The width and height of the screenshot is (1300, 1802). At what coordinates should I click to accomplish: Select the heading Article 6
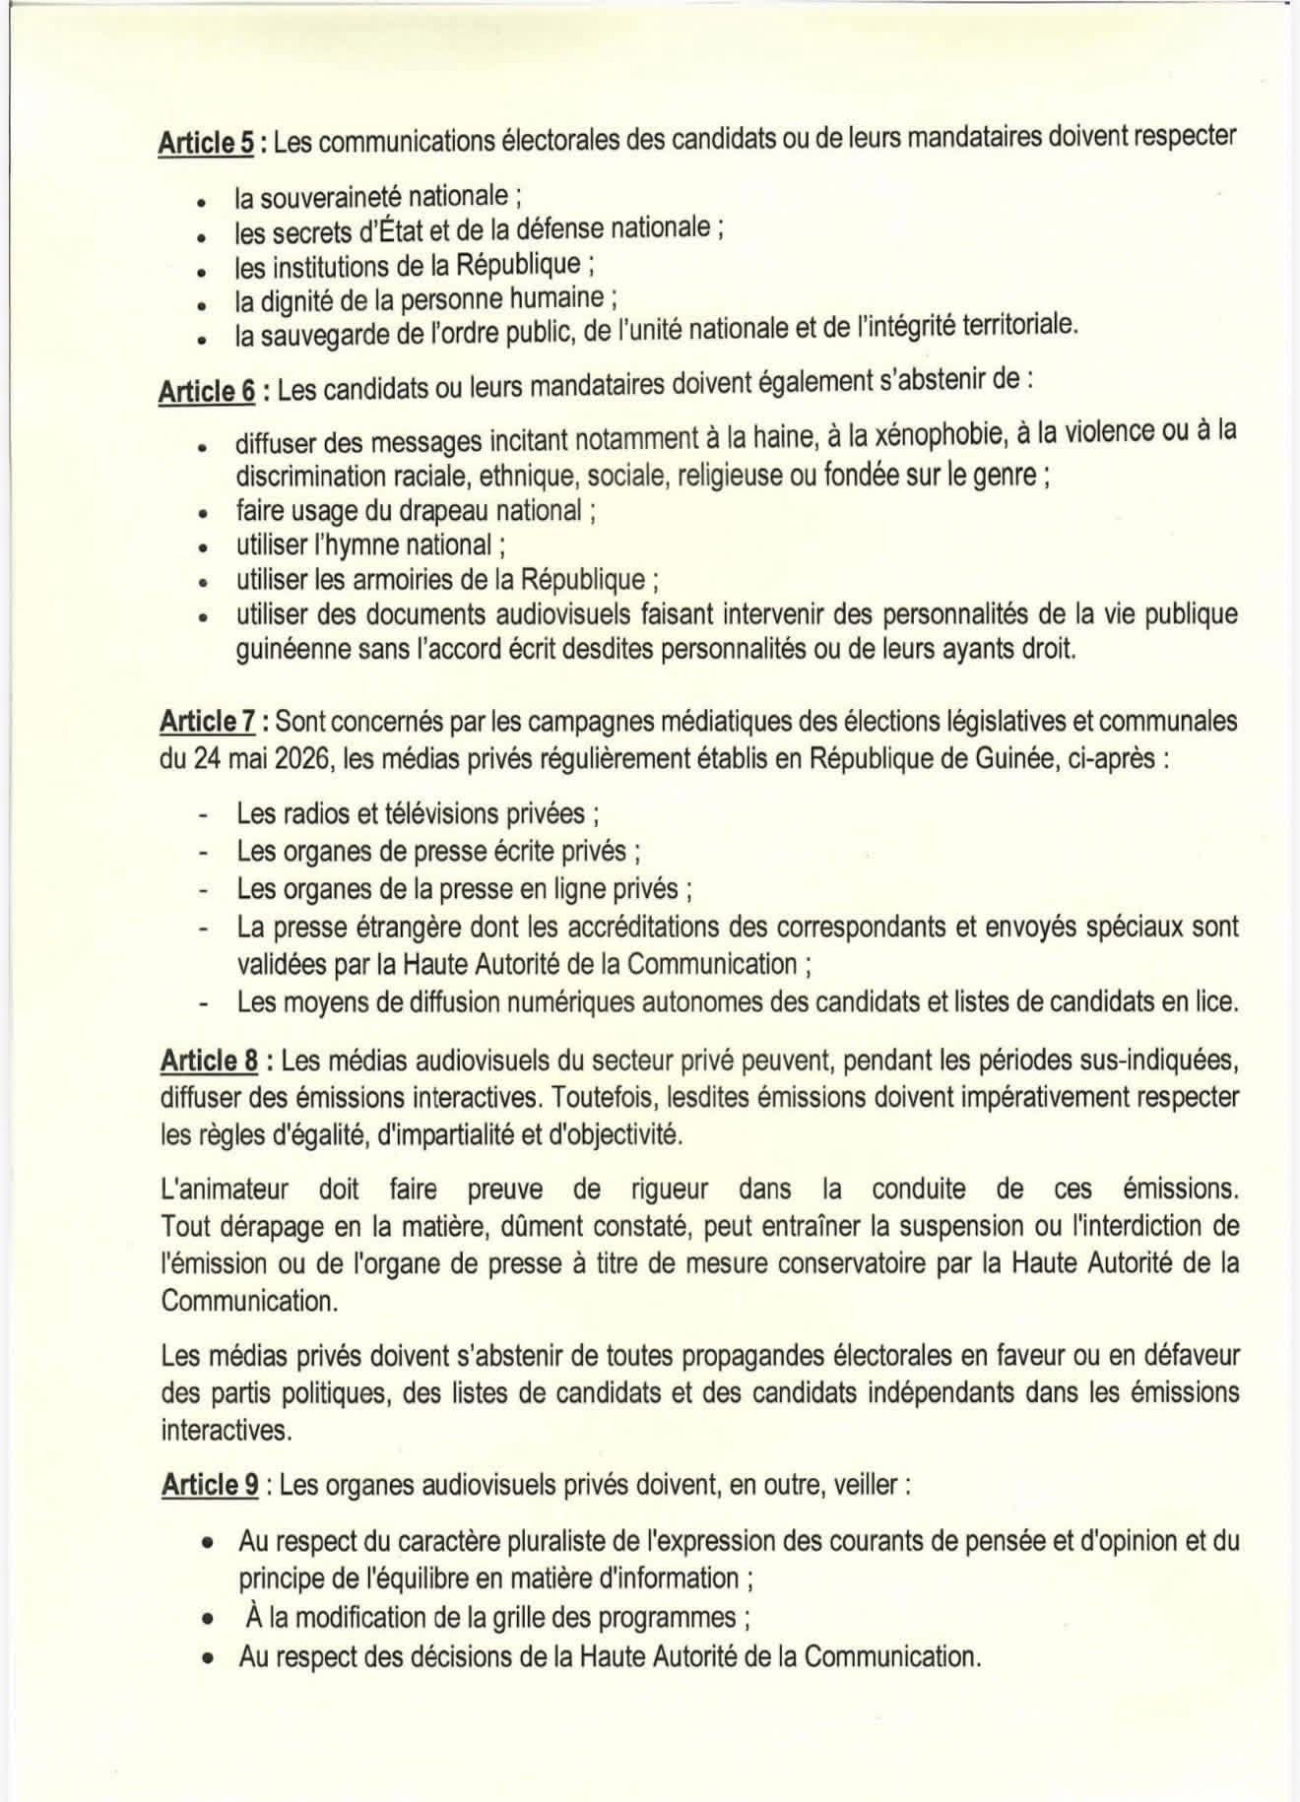click(x=207, y=391)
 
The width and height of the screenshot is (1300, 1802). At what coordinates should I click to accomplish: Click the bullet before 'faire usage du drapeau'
click(x=202, y=513)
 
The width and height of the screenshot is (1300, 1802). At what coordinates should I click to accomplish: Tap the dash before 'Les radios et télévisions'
click(x=203, y=815)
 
